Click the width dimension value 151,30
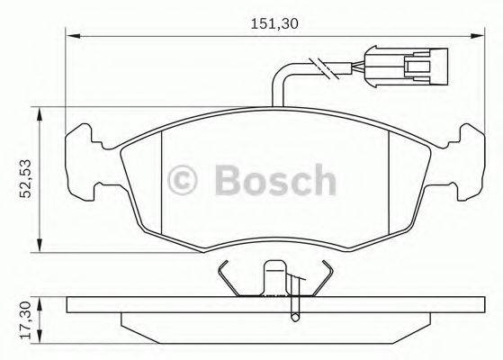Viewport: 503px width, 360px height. pos(268,24)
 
